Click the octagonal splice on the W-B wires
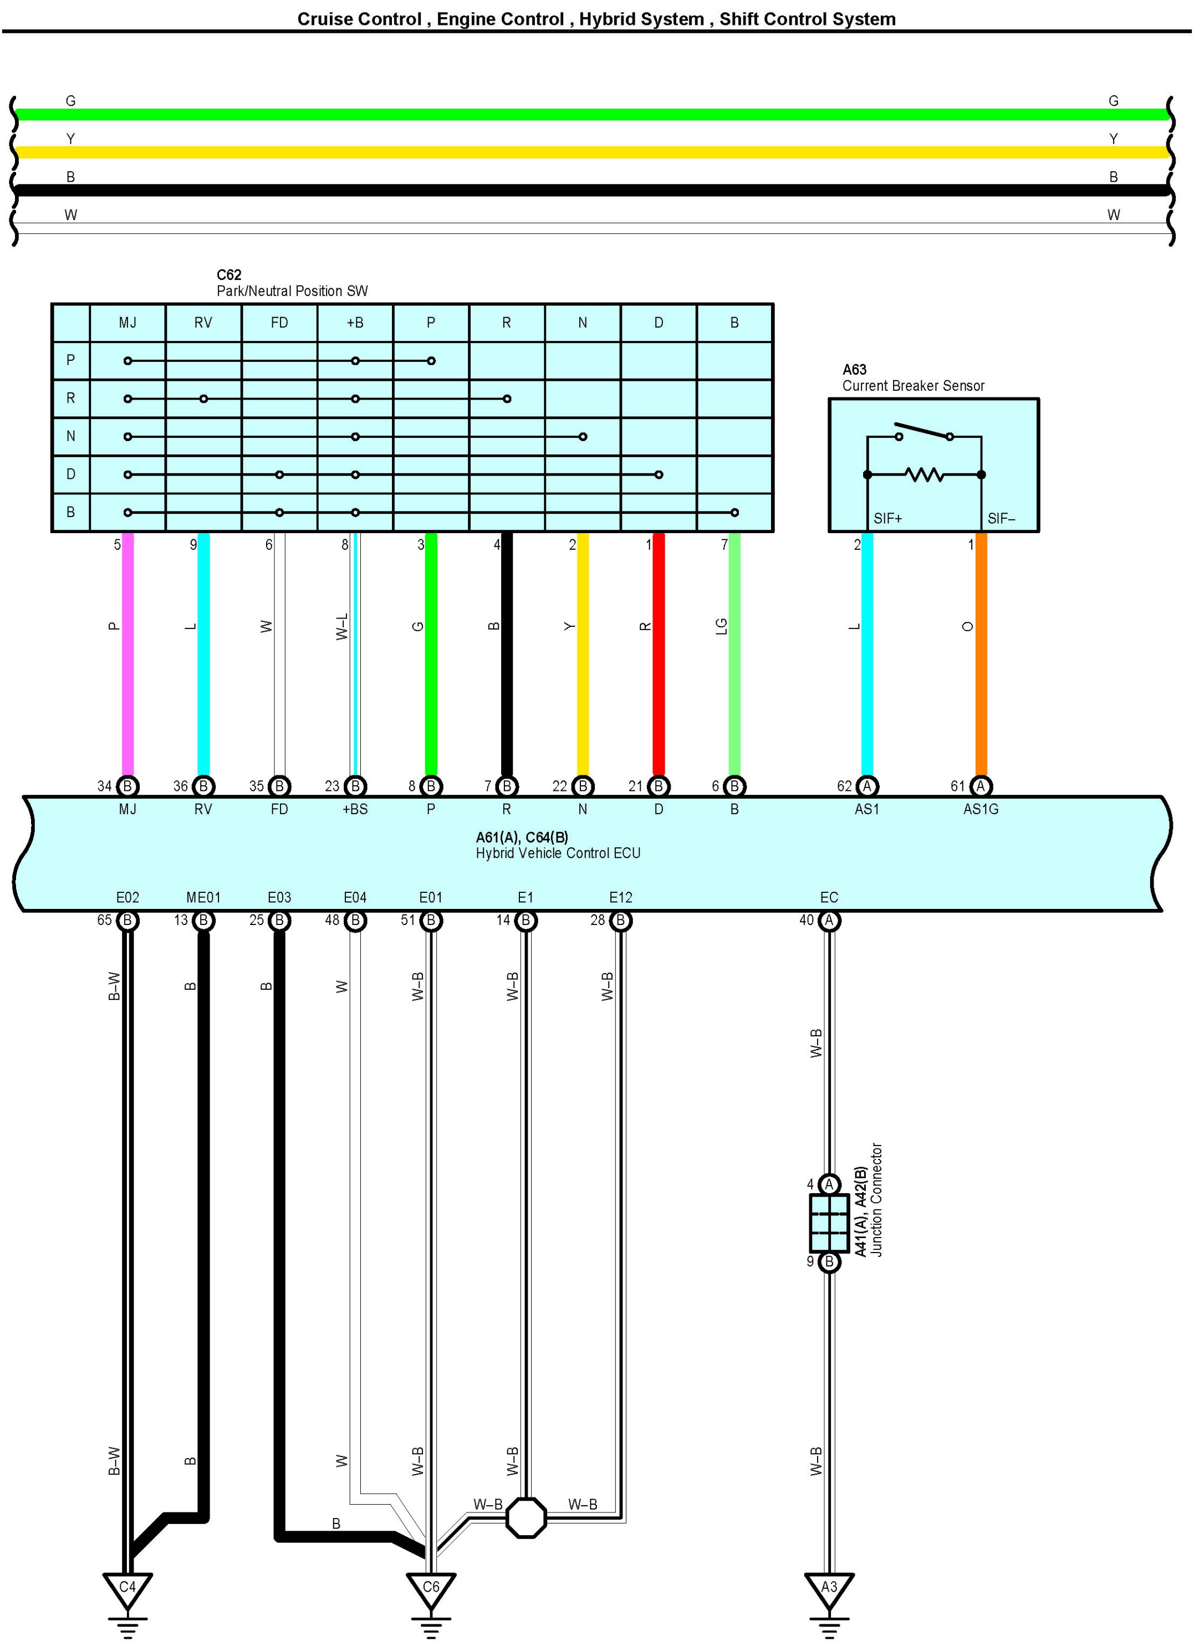click(x=525, y=1517)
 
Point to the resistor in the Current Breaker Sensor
click(x=924, y=476)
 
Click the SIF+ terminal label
click(x=887, y=518)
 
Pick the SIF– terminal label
click(x=1001, y=518)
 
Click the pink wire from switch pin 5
click(x=127, y=653)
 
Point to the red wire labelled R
click(x=659, y=653)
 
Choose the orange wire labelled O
click(x=981, y=653)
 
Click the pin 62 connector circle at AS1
click(x=866, y=786)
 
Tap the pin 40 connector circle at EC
click(x=829, y=920)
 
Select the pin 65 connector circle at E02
click(x=127, y=920)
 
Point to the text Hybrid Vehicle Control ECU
click(x=558, y=853)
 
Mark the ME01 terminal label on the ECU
click(x=203, y=898)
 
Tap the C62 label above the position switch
click(x=228, y=275)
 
